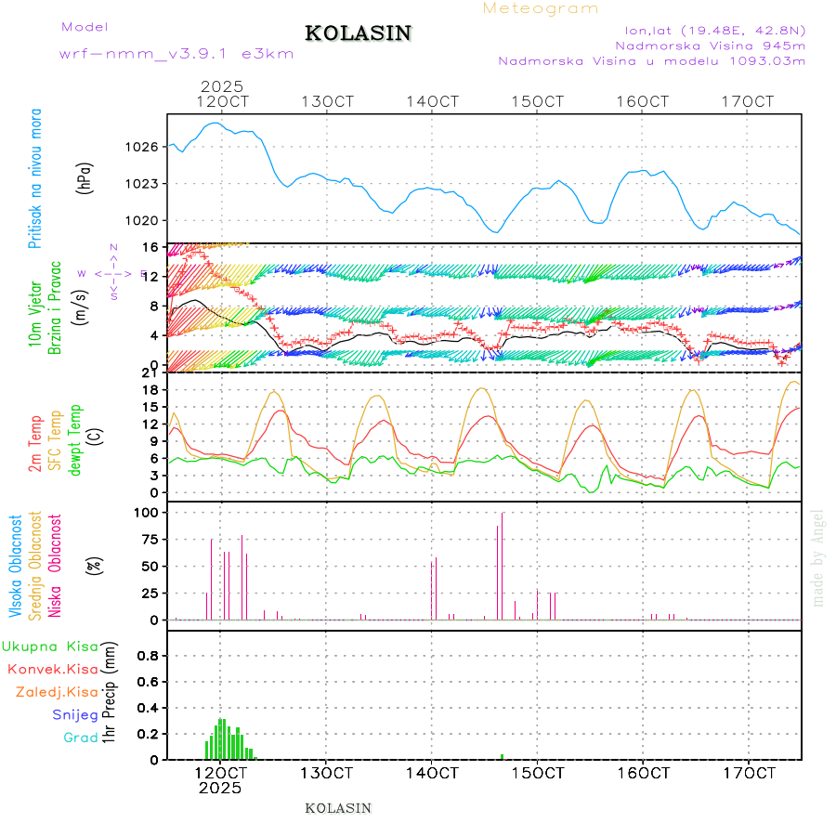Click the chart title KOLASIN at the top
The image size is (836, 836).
coord(358,33)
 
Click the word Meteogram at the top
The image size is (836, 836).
coord(541,8)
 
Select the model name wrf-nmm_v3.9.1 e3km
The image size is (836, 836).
coord(176,53)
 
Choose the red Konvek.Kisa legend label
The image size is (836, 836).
coord(52,669)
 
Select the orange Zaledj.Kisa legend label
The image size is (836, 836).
coord(57,692)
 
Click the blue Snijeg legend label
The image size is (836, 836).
coord(71,715)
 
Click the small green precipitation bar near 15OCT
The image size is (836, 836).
coord(502,756)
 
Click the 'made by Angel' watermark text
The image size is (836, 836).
coord(818,557)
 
